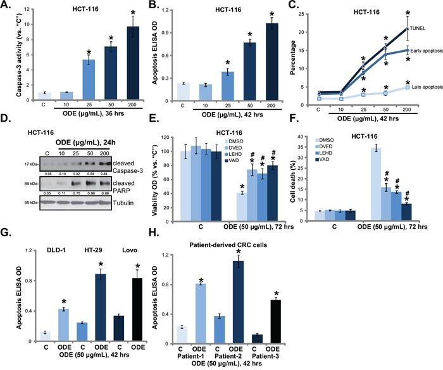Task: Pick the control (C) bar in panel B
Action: click(x=181, y=89)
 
